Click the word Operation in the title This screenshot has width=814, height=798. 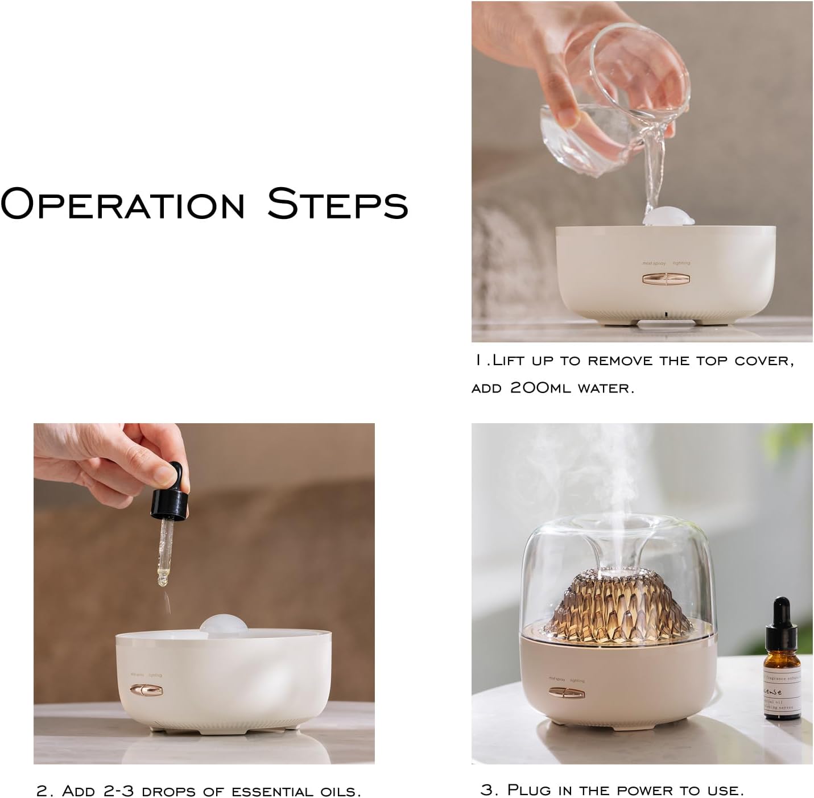click(x=123, y=204)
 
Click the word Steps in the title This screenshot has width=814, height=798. click(x=338, y=204)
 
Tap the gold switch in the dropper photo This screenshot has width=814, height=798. click(x=146, y=690)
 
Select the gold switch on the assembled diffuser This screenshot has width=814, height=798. click(x=565, y=692)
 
